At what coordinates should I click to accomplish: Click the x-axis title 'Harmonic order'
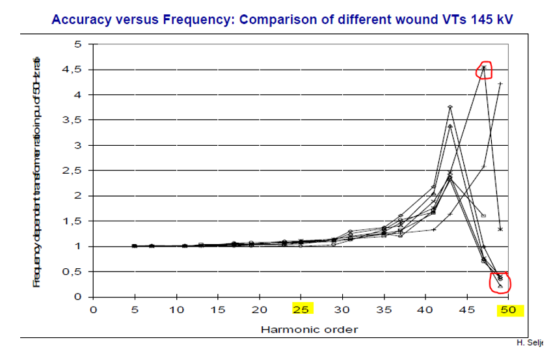pos(309,329)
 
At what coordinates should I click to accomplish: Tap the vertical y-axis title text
pos(36,171)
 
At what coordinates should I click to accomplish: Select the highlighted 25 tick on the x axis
pos(301,310)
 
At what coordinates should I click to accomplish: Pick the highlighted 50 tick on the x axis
pos(508,310)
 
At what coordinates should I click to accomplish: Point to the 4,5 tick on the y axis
pos(76,70)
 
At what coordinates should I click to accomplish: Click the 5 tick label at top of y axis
pos(79,44)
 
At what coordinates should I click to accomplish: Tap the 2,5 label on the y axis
pos(76,171)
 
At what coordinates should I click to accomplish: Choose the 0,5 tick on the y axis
pos(76,271)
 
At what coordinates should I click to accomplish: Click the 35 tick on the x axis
pos(384,310)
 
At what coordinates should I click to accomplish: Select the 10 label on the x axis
pos(176,310)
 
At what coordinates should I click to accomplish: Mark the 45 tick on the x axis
pos(467,310)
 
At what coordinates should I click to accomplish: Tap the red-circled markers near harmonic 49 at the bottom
pos(500,280)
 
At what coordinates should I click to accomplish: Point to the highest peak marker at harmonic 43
pos(450,107)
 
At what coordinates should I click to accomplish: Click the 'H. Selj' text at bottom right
pos(531,342)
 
